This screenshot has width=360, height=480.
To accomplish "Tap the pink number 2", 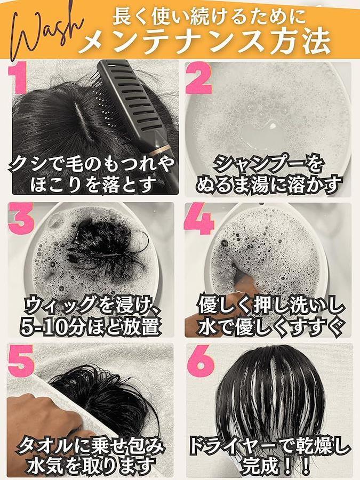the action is pyautogui.click(x=198, y=78).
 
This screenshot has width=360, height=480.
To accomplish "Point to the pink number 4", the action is pyautogui.click(x=199, y=218).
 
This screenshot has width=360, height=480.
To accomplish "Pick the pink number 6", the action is pyautogui.click(x=201, y=361).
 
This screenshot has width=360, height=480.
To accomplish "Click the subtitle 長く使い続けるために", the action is pyautogui.click(x=210, y=16).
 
